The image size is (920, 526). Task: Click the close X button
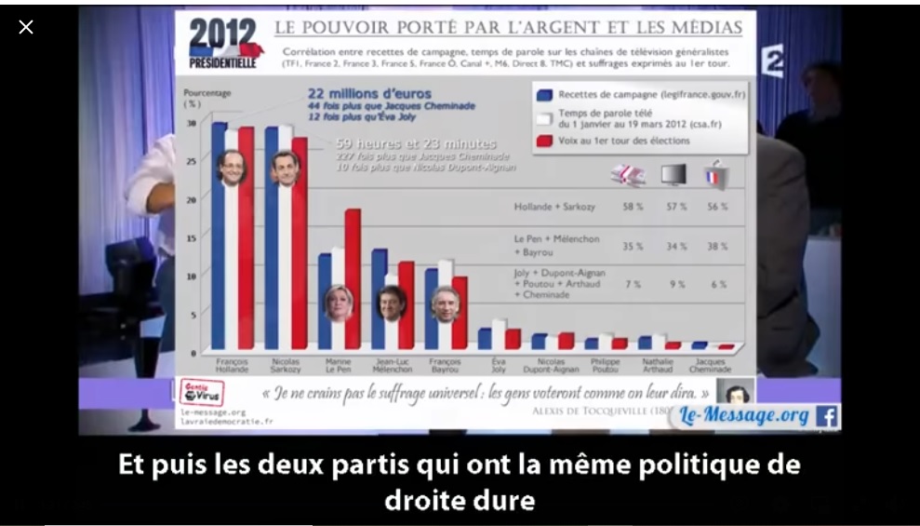tap(26, 27)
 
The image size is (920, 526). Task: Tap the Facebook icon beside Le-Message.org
tap(826, 416)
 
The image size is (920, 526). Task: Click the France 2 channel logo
tap(771, 61)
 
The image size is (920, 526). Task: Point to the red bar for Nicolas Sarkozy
tap(300, 242)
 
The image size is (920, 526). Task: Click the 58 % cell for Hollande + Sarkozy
tap(633, 207)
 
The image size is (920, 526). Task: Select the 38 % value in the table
tap(717, 247)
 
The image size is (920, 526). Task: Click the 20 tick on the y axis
tap(192, 199)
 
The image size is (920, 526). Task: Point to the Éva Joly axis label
tap(499, 366)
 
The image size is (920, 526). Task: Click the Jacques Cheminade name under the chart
tap(712, 366)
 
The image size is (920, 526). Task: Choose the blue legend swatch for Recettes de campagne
tap(545, 95)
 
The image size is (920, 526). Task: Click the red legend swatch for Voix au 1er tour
tap(545, 142)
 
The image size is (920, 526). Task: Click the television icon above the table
tap(673, 174)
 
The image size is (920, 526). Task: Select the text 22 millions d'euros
tap(369, 93)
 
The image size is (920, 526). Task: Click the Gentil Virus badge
tap(200, 393)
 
